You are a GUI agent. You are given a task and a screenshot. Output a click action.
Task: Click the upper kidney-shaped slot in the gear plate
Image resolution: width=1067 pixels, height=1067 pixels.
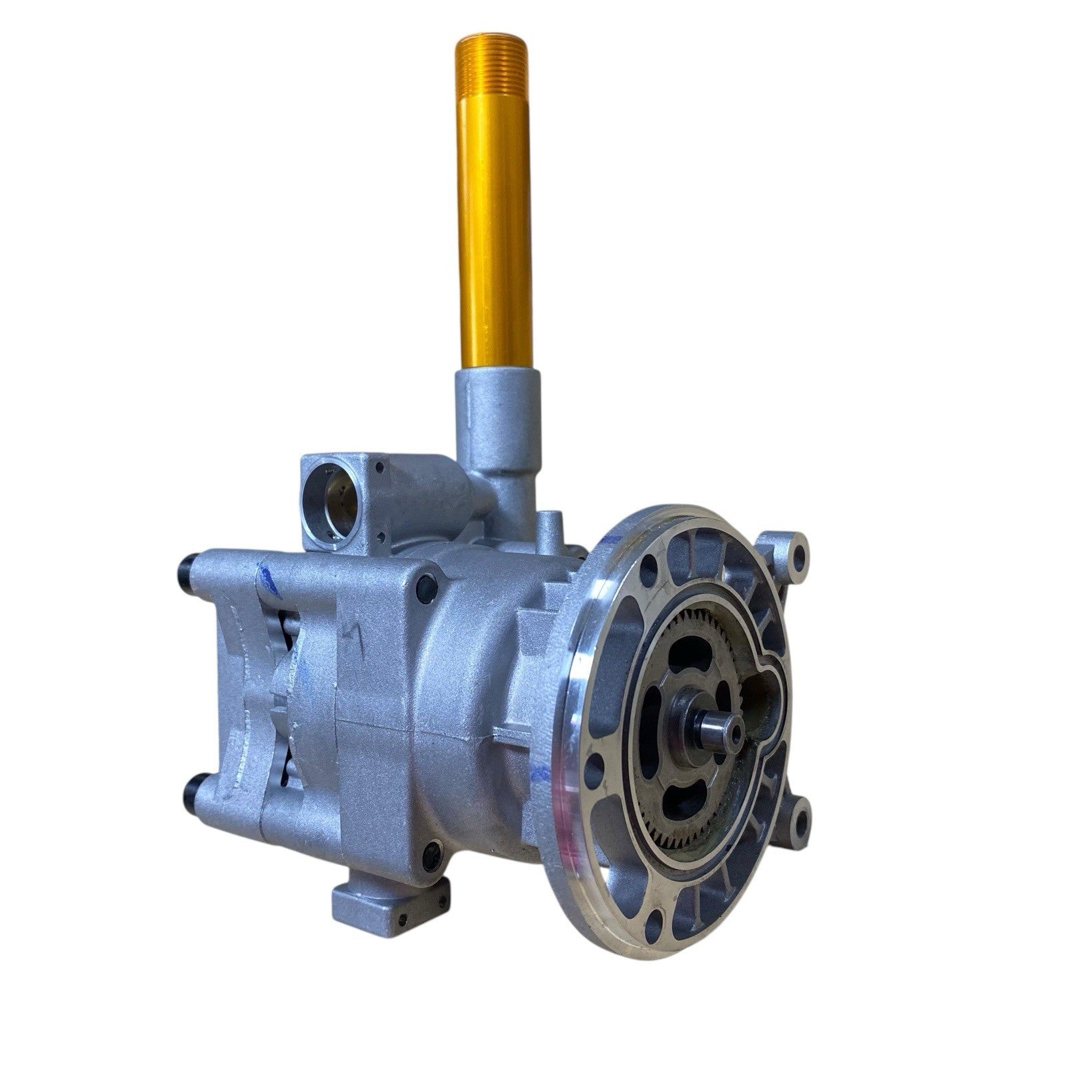pos(684,667)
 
